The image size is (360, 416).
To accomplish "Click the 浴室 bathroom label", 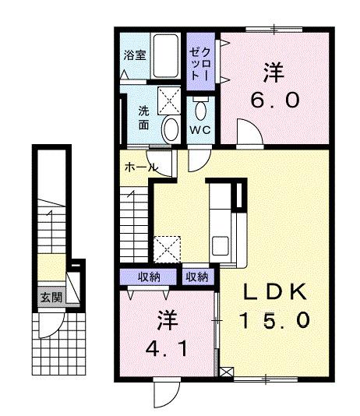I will (135, 55).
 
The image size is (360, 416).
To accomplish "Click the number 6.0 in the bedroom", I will (273, 102).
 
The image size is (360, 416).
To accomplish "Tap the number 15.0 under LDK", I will (277, 319).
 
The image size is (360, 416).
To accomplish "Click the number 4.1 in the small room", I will (165, 348).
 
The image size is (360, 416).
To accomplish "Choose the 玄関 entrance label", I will (53, 297).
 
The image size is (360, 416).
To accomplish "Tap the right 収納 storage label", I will (196, 277).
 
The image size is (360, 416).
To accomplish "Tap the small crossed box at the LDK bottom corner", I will (227, 372).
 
